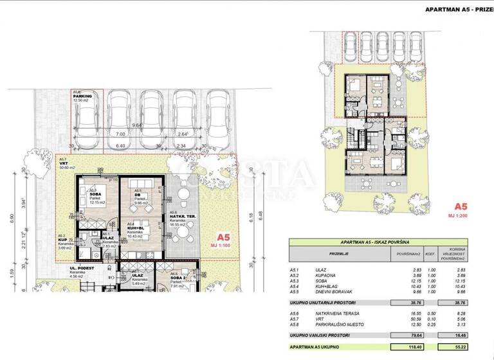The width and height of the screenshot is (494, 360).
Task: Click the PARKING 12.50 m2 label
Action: (84, 96)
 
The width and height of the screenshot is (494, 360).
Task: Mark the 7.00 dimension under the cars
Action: (121, 136)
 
